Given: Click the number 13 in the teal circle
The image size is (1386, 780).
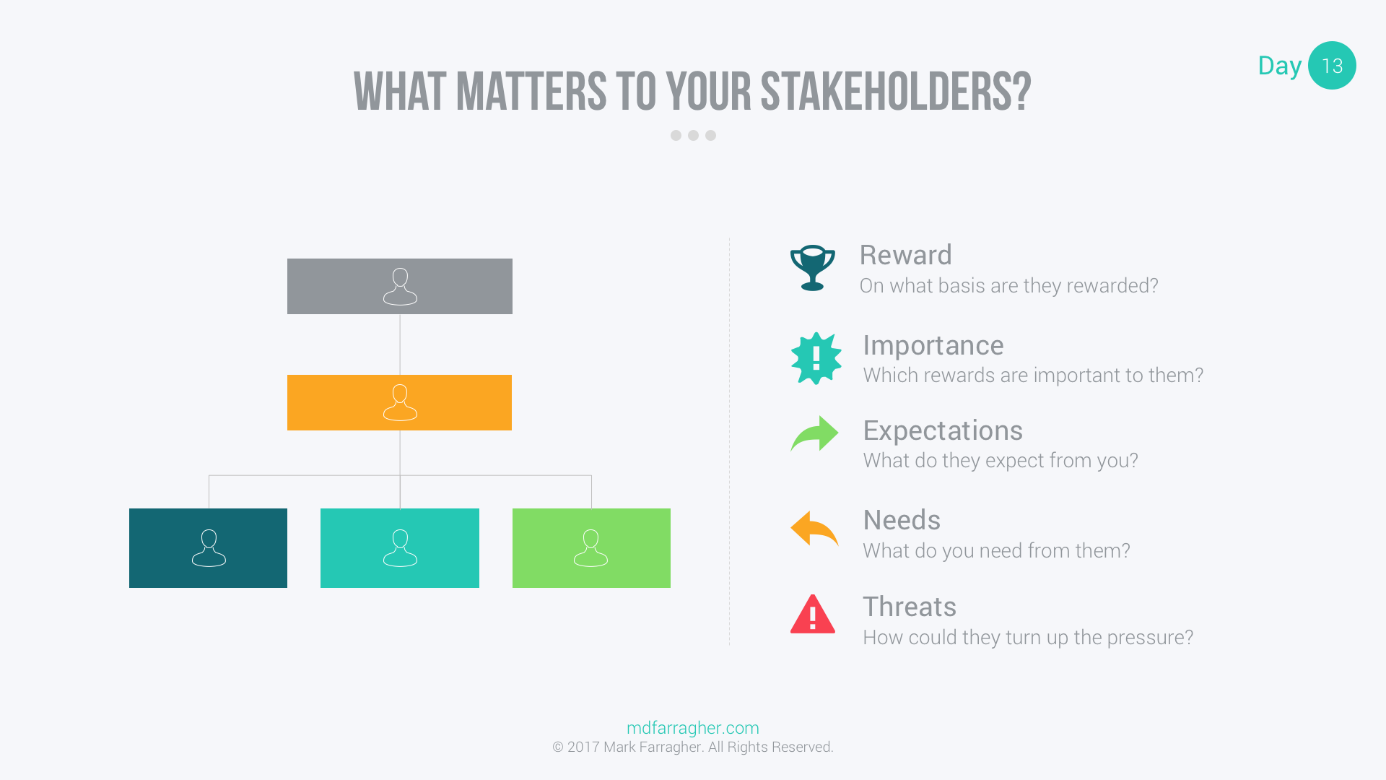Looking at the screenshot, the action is [1332, 66].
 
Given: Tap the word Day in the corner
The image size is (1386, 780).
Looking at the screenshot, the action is [1279, 66].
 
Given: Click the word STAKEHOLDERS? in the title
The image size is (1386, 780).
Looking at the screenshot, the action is [895, 92].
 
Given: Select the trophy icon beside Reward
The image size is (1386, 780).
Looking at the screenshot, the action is [813, 268].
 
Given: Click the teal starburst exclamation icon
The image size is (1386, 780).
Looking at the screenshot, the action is [816, 358].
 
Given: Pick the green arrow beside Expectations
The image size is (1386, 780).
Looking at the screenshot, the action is [814, 433].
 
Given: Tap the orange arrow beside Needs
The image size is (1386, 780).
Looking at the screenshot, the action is [814, 529].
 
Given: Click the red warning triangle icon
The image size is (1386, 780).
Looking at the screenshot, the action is [813, 615].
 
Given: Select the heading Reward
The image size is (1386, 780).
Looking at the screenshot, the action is [906, 255].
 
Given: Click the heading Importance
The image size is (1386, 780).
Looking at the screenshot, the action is [933, 345].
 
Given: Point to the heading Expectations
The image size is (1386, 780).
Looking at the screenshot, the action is [943, 431].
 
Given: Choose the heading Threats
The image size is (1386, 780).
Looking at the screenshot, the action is [910, 607].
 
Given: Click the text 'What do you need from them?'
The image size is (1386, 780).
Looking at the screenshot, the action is [996, 550].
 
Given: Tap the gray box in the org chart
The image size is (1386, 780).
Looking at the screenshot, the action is [400, 287].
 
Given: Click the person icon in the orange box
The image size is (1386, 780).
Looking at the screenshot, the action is [400, 402].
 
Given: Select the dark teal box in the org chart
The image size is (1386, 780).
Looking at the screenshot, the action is [208, 548].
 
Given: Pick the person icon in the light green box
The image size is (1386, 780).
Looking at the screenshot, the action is [591, 548].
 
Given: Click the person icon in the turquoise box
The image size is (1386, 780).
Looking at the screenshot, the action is [400, 548].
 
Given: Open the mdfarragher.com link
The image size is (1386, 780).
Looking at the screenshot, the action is [693, 728].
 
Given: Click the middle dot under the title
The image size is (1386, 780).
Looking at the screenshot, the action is [693, 136].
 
